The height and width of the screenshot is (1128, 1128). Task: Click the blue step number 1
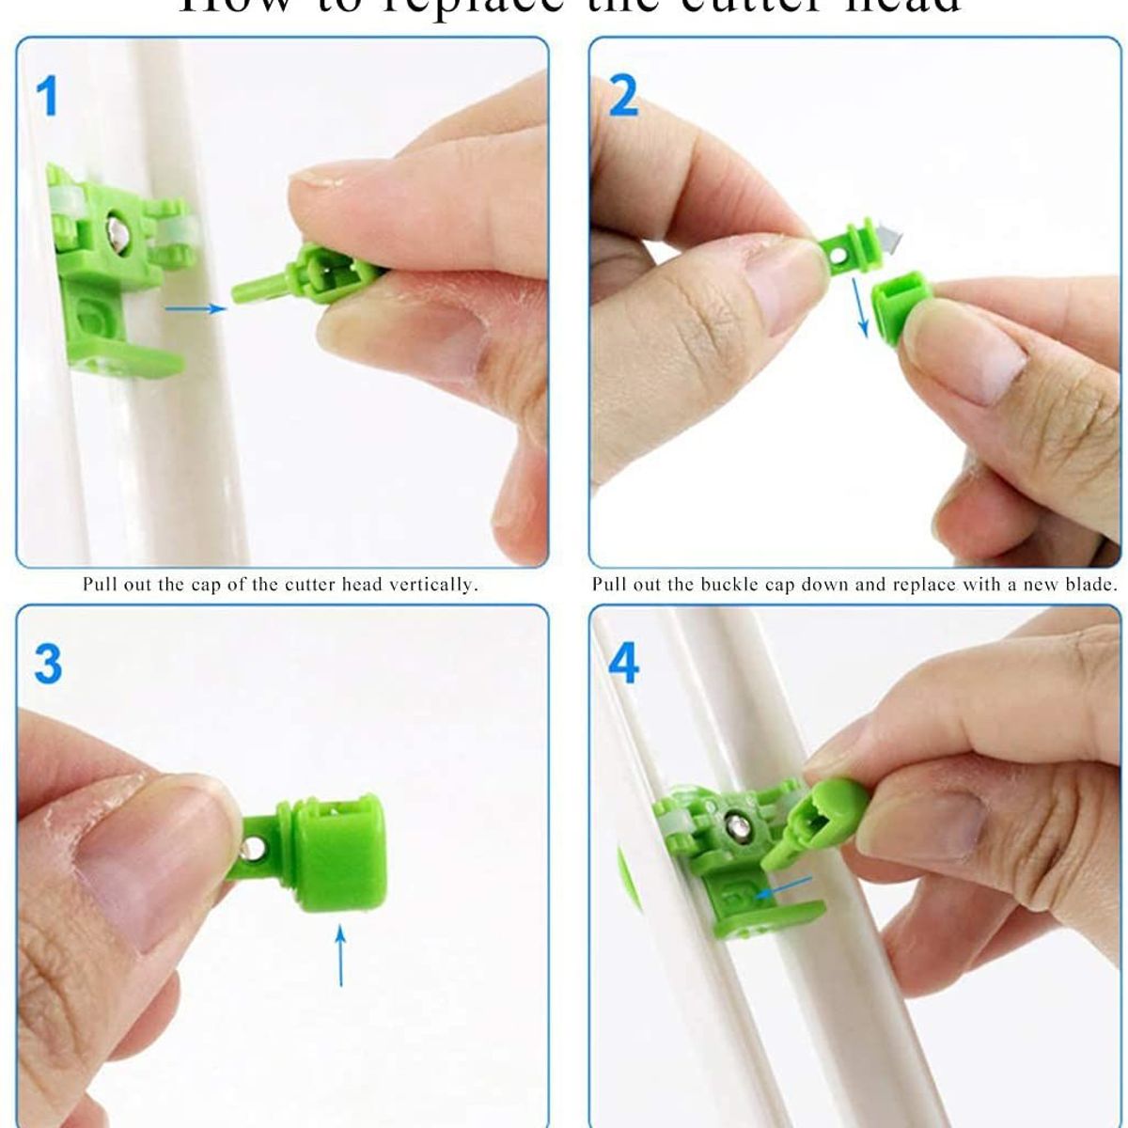click(x=47, y=96)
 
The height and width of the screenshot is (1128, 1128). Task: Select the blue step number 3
click(x=48, y=664)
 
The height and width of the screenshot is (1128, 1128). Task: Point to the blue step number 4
click(x=624, y=663)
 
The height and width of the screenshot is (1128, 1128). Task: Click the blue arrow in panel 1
click(x=196, y=307)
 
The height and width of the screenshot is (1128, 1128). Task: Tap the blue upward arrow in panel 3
click(x=340, y=954)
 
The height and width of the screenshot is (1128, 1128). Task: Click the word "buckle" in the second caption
click(x=730, y=585)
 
